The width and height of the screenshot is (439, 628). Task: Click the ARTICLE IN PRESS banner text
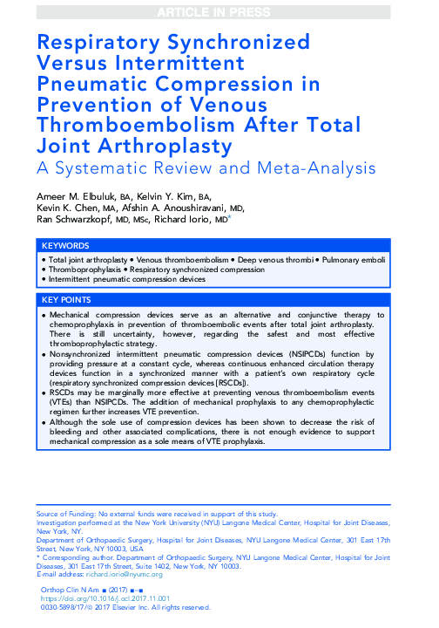click(219, 10)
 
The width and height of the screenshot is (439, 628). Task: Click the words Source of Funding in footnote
click(64, 514)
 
